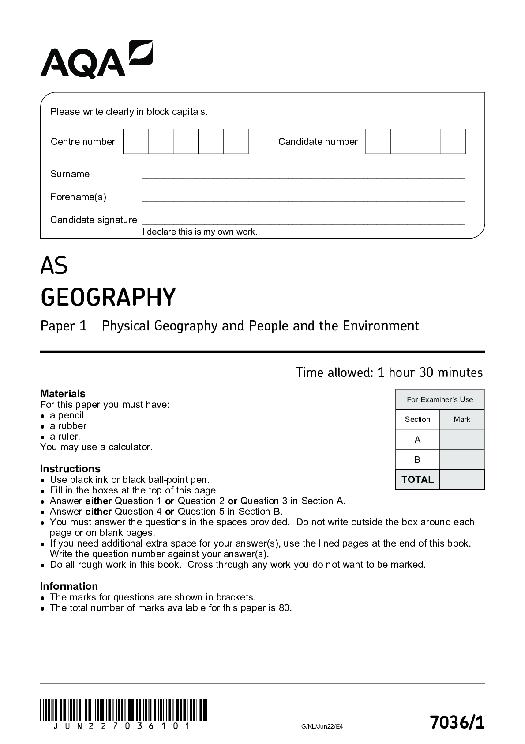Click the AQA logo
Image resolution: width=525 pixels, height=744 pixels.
pyautogui.click(x=96, y=60)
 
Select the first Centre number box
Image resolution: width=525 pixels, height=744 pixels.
pyautogui.click(x=135, y=141)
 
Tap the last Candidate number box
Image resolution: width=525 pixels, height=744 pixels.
pyautogui.click(x=453, y=141)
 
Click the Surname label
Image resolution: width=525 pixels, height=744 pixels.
pyautogui.click(x=70, y=174)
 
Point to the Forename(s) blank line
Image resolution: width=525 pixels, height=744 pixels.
pyautogui.click(x=303, y=200)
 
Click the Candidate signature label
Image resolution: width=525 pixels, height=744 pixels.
pyautogui.click(x=94, y=220)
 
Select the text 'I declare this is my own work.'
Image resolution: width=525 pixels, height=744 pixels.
pyautogui.click(x=199, y=232)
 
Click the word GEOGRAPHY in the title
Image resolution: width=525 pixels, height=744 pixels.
pyautogui.click(x=108, y=297)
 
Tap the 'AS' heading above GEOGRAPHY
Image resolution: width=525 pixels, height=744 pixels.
pyautogui.click(x=54, y=266)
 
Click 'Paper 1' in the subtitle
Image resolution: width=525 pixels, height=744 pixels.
pyautogui.click(x=64, y=326)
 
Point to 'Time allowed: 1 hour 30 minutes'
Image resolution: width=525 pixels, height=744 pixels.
pyautogui.click(x=389, y=372)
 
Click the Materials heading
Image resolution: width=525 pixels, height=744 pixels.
pyautogui.click(x=63, y=394)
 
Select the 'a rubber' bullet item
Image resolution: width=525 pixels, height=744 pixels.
pyautogui.click(x=68, y=426)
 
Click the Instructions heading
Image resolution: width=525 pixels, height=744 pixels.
pyautogui.click(x=70, y=469)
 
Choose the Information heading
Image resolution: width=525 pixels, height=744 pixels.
pyautogui.click(x=69, y=586)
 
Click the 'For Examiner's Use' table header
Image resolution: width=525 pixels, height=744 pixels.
pyautogui.click(x=439, y=399)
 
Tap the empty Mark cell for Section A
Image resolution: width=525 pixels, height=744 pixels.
pyautogui.click(x=462, y=440)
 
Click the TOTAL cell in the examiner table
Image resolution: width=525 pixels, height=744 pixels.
pyautogui.click(x=417, y=480)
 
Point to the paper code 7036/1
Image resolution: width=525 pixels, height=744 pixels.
pyautogui.click(x=457, y=723)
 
